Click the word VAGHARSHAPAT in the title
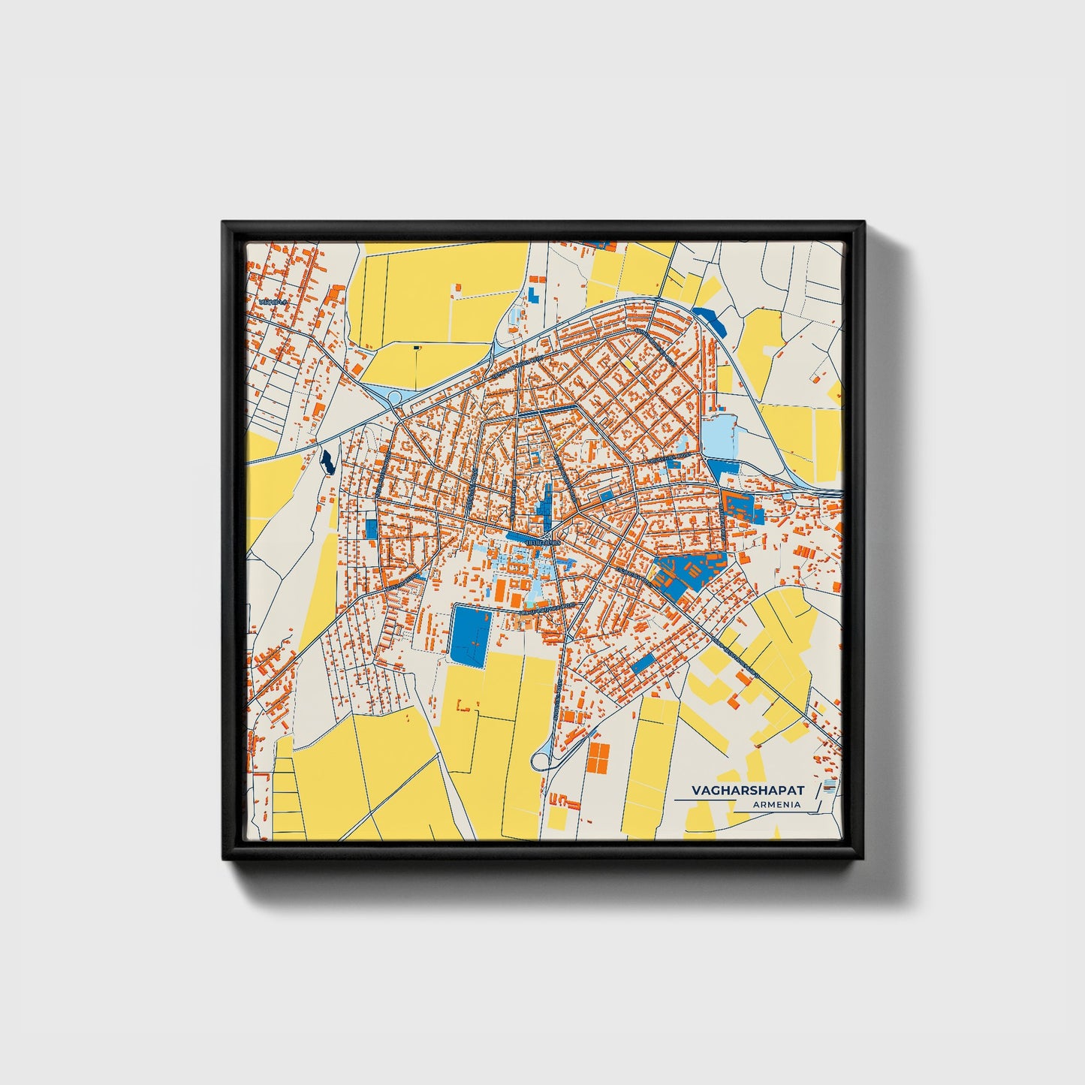(x=747, y=791)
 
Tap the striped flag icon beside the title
(x=829, y=787)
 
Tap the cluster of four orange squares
(x=597, y=758)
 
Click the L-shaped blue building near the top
(x=534, y=293)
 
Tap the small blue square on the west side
(x=372, y=529)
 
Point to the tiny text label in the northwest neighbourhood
(x=273, y=301)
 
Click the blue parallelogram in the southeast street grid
(x=643, y=663)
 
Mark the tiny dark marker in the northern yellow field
(x=417, y=348)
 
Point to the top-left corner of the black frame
(x=223, y=222)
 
